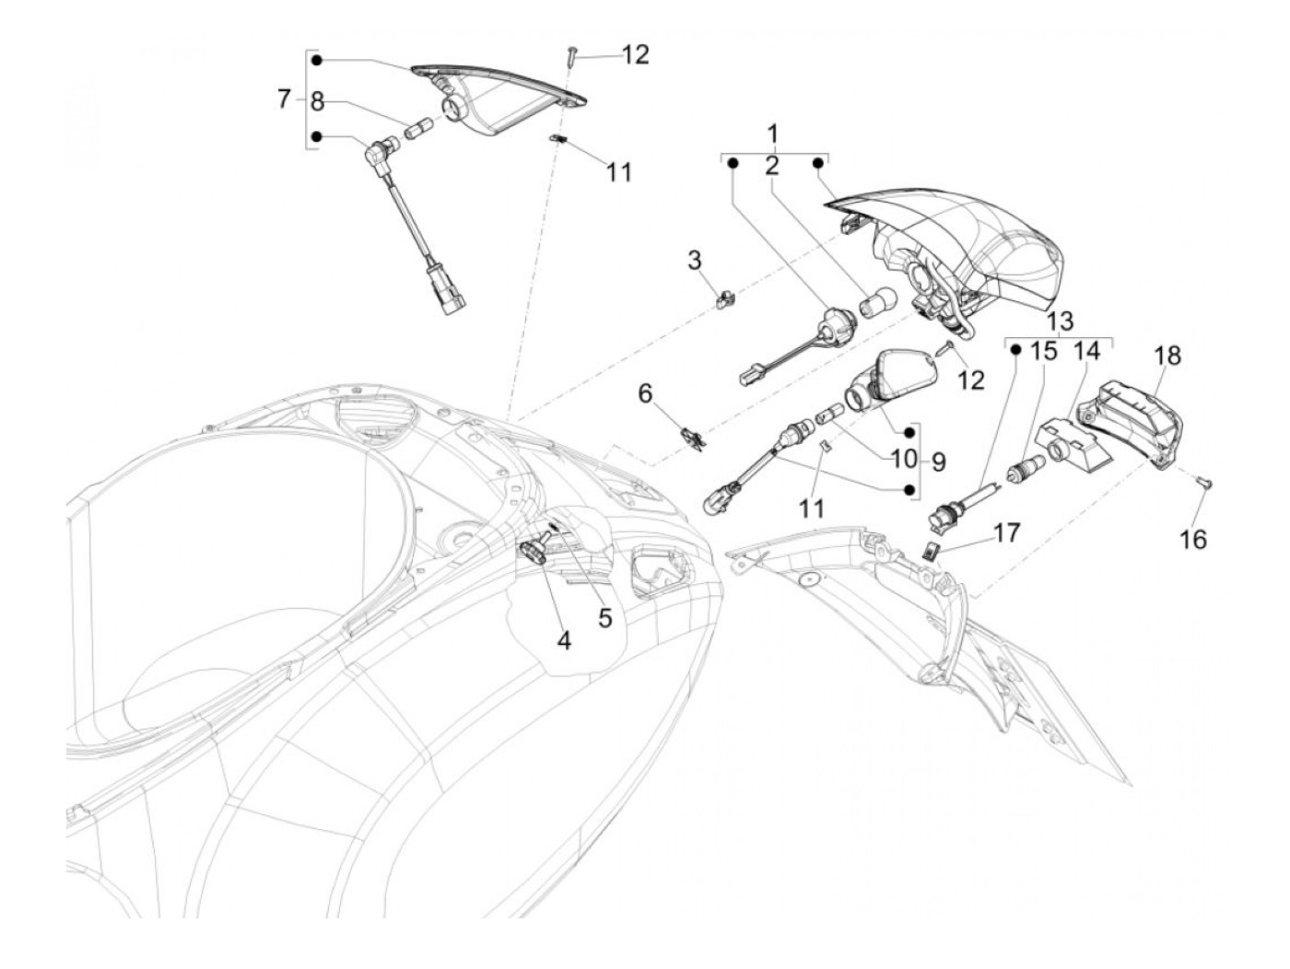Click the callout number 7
click(x=284, y=99)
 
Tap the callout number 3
click(x=694, y=261)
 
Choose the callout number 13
click(x=1060, y=321)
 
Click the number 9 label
click(x=937, y=461)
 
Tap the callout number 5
click(x=604, y=617)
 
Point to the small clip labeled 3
click(x=726, y=298)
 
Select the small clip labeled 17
click(x=932, y=551)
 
